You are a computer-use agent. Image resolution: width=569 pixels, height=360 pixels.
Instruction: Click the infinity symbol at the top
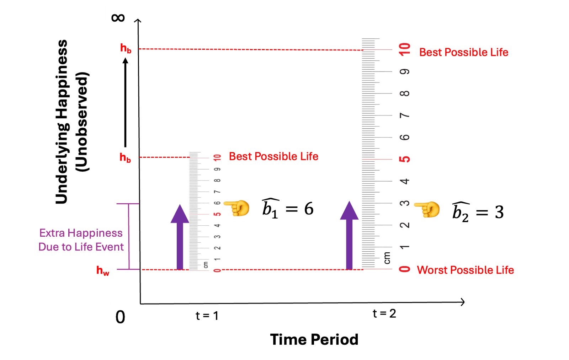118,17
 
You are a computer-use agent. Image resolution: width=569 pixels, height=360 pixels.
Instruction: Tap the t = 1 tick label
207,316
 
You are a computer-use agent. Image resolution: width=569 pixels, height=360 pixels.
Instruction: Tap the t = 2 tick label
384,313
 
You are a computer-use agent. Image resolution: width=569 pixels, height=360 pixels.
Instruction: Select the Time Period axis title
314,339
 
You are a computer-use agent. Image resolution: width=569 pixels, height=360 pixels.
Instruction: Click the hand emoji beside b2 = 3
427,210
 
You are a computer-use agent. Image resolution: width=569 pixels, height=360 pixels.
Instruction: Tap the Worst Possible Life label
465,270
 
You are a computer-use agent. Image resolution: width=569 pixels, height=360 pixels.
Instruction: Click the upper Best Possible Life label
464,52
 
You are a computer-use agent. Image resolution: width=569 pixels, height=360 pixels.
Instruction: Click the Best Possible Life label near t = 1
273,156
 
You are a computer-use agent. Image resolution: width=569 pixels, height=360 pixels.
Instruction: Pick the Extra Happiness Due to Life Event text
81,240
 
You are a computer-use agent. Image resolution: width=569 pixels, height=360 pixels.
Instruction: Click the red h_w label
103,271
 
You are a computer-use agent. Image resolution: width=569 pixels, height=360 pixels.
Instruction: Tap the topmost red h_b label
126,48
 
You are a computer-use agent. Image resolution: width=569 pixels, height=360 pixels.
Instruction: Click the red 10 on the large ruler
405,49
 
